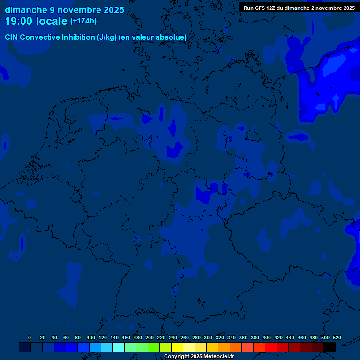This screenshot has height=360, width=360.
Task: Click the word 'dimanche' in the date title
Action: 26,10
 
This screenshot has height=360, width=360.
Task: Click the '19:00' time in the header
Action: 19,21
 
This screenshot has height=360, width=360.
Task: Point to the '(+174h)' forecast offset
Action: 83,21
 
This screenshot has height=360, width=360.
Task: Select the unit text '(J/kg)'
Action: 107,37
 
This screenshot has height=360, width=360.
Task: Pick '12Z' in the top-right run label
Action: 272,8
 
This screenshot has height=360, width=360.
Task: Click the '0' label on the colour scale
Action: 30,337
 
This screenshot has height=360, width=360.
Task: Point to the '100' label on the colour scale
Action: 91,337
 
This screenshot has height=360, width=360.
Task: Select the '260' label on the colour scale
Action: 185,337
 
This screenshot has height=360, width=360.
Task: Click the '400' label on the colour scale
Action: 267,337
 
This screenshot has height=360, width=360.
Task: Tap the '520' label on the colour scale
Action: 337,337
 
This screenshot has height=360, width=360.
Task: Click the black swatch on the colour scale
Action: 330,347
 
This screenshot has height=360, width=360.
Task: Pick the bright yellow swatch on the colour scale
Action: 177,347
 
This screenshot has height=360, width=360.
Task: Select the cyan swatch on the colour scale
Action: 119,347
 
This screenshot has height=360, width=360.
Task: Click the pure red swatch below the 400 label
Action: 271,347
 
